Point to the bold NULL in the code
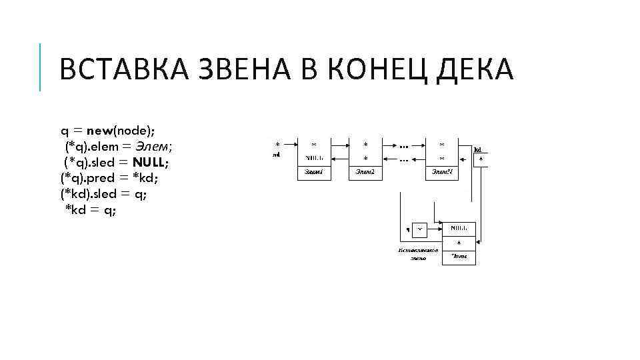pos(154,162)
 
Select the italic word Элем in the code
pos(154,146)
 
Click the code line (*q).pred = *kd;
pos(109,178)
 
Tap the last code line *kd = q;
pos(91,210)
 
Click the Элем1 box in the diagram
pos(314,172)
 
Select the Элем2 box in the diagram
pos(366,172)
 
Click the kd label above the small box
pos(477,150)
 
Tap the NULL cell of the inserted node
pos(459,229)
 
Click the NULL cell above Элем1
pos(314,158)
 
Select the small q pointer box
pos(419,229)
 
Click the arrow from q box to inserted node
pos(434,229)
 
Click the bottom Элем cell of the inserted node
pos(459,257)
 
